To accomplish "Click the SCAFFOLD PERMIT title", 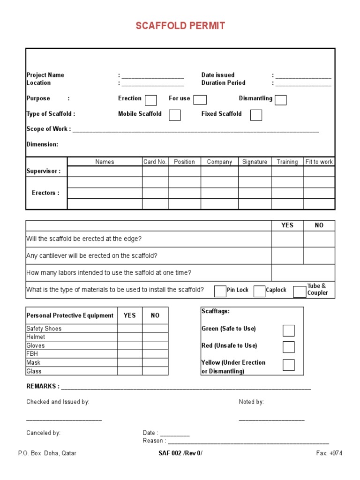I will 180,26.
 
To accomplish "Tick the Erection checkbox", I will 150,100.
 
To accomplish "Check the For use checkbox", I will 200,100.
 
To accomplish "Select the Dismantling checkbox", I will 281,100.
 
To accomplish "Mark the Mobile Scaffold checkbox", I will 174,115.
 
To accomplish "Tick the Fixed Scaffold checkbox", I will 256,115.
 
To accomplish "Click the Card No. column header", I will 155,162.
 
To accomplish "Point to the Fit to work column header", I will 319,162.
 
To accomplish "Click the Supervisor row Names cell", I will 105,172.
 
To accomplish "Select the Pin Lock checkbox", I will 220,291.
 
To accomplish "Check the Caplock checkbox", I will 259,291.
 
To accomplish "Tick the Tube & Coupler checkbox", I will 300,292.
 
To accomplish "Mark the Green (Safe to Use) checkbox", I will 289,330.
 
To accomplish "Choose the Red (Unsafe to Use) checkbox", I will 289,347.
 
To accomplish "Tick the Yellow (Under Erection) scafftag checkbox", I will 289,365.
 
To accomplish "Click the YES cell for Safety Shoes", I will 130,329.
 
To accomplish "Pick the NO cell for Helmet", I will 155,337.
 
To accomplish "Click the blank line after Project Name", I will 153,76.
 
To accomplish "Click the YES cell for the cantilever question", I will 287,256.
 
